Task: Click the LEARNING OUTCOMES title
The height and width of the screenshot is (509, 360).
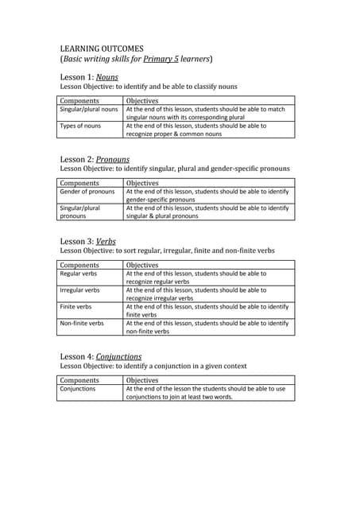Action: pyautogui.click(x=102, y=49)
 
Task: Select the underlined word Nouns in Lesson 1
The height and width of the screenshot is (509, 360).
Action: pyautogui.click(x=106, y=76)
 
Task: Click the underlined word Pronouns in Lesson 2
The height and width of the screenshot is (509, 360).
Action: pyautogui.click(x=112, y=159)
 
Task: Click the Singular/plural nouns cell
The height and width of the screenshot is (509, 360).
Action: pyautogui.click(x=89, y=110)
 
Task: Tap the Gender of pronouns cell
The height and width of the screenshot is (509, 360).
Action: pyautogui.click(x=87, y=192)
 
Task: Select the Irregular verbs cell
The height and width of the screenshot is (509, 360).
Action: pyautogui.click(x=80, y=290)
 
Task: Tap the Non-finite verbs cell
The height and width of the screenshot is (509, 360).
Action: pyautogui.click(x=82, y=323)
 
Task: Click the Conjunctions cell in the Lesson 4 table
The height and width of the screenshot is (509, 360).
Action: pyautogui.click(x=78, y=389)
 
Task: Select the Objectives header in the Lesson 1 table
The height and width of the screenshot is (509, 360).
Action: pyautogui.click(x=142, y=101)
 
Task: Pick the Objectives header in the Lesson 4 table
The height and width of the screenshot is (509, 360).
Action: pyautogui.click(x=142, y=380)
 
